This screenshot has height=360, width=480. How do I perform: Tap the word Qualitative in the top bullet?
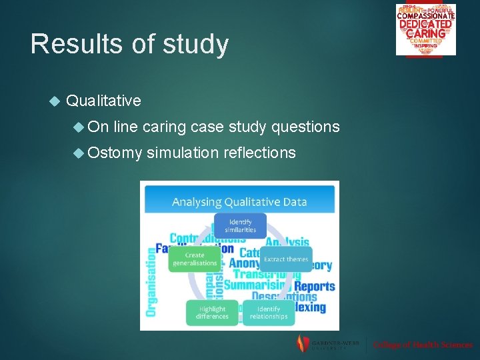click(x=104, y=101)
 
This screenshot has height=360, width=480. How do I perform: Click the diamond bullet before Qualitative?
click(x=55, y=101)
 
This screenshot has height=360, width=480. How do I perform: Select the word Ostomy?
click(x=115, y=153)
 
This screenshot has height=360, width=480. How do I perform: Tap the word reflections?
click(x=260, y=153)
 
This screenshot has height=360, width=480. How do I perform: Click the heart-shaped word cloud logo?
click(x=425, y=29)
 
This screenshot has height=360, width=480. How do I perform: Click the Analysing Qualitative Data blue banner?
click(x=239, y=200)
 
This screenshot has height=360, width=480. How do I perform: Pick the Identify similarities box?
click(x=240, y=225)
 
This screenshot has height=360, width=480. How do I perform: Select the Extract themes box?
click(x=287, y=259)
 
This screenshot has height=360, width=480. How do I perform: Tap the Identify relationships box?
click(x=268, y=313)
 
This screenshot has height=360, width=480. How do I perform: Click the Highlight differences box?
click(x=211, y=313)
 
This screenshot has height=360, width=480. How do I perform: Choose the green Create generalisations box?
click(x=195, y=259)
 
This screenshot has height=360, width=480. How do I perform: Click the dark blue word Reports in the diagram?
click(x=315, y=286)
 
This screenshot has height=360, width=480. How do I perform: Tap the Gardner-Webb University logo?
click(x=327, y=344)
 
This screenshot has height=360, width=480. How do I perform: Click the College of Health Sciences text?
click(x=423, y=345)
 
